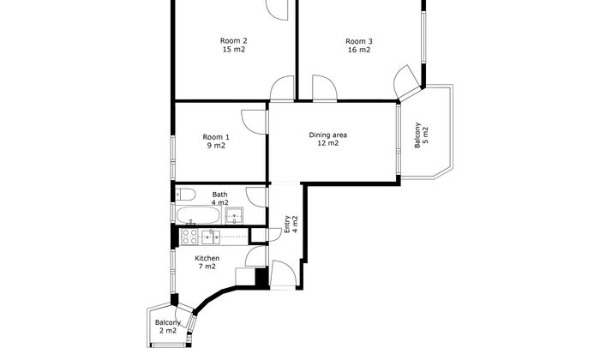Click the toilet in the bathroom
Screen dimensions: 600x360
tap(186, 195)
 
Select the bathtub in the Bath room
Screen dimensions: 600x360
tap(198, 215)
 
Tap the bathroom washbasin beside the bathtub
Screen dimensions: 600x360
tap(233, 216)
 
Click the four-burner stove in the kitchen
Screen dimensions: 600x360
tap(189, 237)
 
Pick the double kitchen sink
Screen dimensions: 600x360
tap(211, 237)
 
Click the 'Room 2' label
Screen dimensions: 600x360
tap(233, 40)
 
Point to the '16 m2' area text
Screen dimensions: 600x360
tap(359, 50)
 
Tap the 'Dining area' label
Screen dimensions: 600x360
tap(328, 135)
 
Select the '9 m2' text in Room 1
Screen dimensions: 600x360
tap(216, 146)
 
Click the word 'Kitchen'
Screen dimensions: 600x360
tap(207, 258)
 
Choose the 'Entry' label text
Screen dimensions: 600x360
tap(286, 225)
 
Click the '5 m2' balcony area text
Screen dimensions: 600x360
tap(426, 135)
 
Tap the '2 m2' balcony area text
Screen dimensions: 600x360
tap(168, 331)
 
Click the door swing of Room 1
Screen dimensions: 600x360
tap(254, 122)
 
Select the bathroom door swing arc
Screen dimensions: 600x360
tap(256, 197)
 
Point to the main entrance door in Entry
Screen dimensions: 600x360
tap(283, 273)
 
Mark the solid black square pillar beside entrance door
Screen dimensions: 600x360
tap(261, 277)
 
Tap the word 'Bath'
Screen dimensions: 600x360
tap(219, 195)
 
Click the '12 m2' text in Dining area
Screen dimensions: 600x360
tap(328, 143)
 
